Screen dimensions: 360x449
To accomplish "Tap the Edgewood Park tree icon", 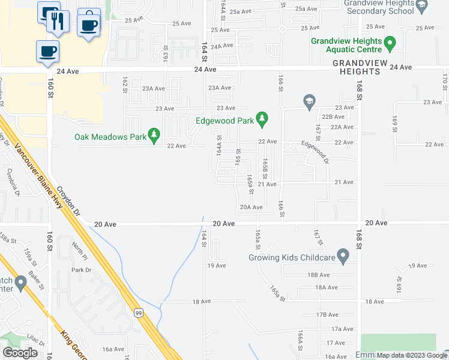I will coord(262,119).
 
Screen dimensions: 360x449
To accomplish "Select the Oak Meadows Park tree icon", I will coord(154,136).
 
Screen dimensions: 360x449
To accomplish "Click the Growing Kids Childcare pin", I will coord(343,257).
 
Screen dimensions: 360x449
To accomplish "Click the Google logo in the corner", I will coord(20,352).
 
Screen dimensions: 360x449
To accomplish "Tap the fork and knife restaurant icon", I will coord(58,22).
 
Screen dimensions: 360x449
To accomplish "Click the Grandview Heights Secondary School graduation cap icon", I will coord(422,7).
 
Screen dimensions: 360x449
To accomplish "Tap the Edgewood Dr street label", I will coord(315,152).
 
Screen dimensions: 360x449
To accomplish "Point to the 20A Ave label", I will coord(252,208).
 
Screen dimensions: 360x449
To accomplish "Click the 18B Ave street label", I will coord(319,275).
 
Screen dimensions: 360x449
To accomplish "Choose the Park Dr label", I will coord(81,270).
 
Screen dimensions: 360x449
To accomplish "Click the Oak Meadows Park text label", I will coord(110,137).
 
